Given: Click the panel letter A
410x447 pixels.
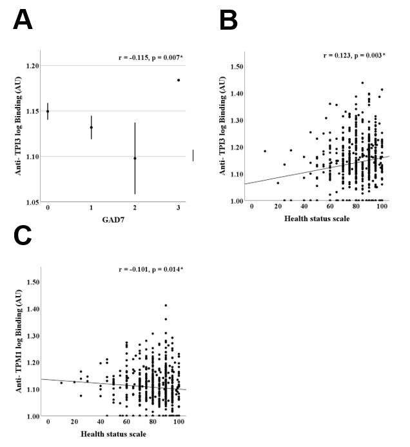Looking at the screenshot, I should pyautogui.click(x=23, y=21).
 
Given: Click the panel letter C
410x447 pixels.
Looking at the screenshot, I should pyautogui.click(x=23, y=237).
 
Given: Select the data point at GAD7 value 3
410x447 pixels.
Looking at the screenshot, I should pyautogui.click(x=179, y=80).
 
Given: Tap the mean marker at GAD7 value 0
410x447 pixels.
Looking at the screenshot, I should pyautogui.click(x=48, y=111).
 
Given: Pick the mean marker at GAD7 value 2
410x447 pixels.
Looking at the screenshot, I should pyautogui.click(x=135, y=158).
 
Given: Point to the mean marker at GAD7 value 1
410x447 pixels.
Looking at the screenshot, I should pyautogui.click(x=92, y=127).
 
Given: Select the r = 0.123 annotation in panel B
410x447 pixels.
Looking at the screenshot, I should pyautogui.click(x=355, y=56).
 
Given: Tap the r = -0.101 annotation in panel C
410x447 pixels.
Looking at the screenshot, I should pyautogui.click(x=148, y=268).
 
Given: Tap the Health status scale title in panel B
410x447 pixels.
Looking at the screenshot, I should pyautogui.click(x=317, y=219).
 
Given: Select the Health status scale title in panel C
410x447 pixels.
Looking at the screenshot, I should pyautogui.click(x=113, y=433).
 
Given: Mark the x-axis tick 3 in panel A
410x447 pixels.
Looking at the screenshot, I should pyautogui.click(x=179, y=208).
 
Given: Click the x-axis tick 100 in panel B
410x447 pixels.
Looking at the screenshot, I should pyautogui.click(x=382, y=208).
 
